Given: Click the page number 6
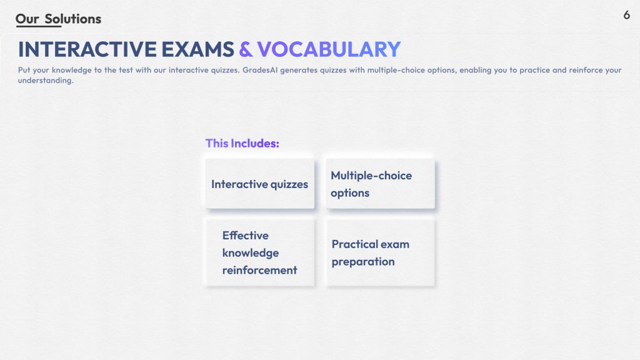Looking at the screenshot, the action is click(626, 15).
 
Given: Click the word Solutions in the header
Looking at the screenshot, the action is click(73, 19).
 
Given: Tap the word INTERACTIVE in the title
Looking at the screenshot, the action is click(87, 49).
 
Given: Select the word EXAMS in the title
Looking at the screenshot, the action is click(198, 49).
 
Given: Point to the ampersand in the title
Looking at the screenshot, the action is click(246, 49).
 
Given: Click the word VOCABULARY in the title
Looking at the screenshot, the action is click(329, 49).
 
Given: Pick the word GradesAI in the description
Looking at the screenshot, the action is click(260, 70).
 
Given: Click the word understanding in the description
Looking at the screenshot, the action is click(46, 81).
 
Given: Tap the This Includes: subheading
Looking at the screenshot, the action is click(242, 143).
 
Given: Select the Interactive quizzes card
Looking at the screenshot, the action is click(260, 184).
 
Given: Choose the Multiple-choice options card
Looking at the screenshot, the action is click(380, 184).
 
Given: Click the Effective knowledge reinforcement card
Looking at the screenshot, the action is click(260, 252).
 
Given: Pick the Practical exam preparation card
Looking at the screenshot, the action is click(380, 252).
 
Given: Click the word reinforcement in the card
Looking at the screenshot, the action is click(259, 270).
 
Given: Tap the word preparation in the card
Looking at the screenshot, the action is click(363, 262).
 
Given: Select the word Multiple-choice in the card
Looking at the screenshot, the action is click(371, 176).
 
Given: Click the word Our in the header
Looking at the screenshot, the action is click(27, 19).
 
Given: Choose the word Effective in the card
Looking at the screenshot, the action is click(245, 236).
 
